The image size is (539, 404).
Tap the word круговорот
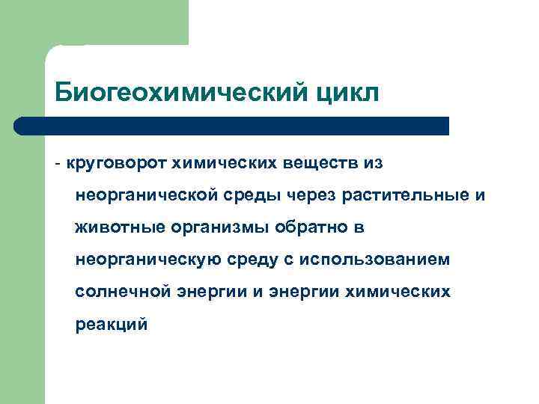(x=117, y=162)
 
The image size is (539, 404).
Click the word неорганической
(x=146, y=195)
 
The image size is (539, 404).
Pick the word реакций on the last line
(x=112, y=325)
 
